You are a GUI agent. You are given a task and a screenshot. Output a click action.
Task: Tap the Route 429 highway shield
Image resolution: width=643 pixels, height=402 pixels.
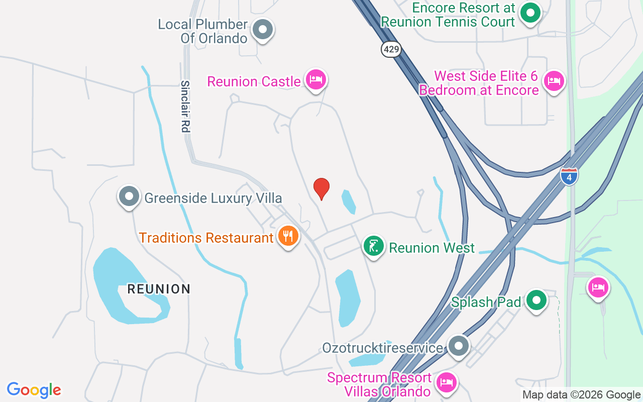(391, 49)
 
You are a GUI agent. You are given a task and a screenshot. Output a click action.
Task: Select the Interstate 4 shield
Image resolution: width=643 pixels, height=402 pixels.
(569, 176)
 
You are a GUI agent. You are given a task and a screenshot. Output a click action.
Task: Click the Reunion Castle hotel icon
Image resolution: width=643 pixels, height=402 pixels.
(316, 79)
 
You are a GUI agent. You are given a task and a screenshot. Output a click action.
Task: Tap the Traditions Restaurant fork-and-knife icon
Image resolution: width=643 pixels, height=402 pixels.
(288, 236)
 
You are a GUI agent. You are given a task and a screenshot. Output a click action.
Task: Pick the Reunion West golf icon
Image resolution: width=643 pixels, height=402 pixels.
(374, 246)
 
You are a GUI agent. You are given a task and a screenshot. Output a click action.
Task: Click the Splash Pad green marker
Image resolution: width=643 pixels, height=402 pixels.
(537, 300)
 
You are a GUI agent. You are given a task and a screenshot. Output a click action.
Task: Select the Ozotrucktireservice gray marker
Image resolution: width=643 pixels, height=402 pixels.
(458, 346)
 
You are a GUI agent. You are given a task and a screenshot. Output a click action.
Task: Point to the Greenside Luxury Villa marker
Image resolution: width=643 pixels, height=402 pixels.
(129, 196)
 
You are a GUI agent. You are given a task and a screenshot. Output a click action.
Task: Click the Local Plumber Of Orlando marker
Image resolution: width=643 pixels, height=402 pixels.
(262, 29)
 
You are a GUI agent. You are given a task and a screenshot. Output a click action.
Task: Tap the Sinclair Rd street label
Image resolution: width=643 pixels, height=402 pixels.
(185, 107)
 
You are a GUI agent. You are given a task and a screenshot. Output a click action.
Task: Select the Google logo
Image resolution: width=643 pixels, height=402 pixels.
(34, 390)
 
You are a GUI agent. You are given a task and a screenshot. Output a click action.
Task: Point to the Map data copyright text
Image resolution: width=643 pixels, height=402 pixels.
(581, 395)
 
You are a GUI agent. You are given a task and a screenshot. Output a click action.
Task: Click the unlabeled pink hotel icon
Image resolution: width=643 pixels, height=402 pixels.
(598, 287)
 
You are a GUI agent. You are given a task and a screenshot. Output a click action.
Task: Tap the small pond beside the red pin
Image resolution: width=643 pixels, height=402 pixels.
(349, 202)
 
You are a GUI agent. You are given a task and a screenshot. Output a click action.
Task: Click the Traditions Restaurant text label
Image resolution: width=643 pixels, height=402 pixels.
(206, 238)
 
